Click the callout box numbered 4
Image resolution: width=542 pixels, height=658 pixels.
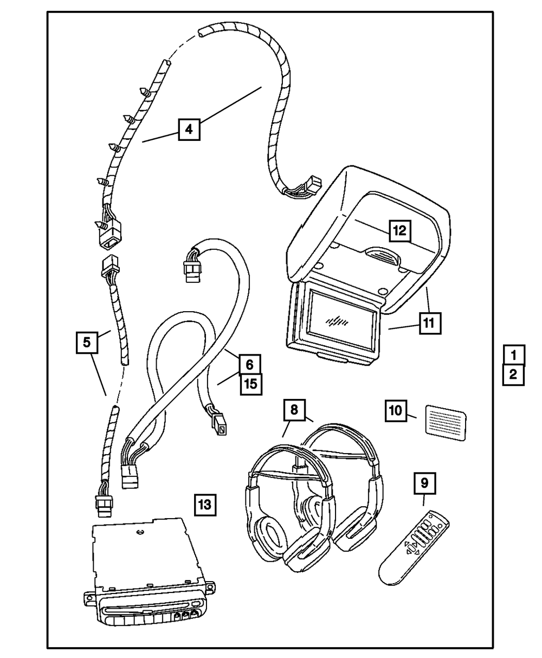tap(189, 129)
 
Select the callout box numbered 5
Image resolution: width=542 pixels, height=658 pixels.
tap(87, 342)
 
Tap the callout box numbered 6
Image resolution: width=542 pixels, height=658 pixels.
tap(249, 365)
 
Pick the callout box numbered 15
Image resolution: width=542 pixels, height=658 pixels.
tap(251, 384)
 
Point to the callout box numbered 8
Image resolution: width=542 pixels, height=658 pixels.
tap(294, 410)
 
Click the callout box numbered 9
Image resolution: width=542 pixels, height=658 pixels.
tap(425, 483)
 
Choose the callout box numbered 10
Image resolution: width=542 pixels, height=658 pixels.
tap(396, 411)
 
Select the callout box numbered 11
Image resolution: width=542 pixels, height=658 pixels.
tap(430, 323)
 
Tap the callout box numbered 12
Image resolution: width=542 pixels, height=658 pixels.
tap(400, 231)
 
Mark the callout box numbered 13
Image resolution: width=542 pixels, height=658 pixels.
tap(205, 505)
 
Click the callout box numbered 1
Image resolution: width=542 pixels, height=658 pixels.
tap(514, 356)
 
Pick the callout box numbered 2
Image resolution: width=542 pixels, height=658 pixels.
tap(514, 375)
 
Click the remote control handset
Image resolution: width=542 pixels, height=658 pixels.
tap(414, 548)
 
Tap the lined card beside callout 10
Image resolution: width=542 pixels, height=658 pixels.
tap(446, 423)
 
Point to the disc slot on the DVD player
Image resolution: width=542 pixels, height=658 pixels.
tap(147, 604)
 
